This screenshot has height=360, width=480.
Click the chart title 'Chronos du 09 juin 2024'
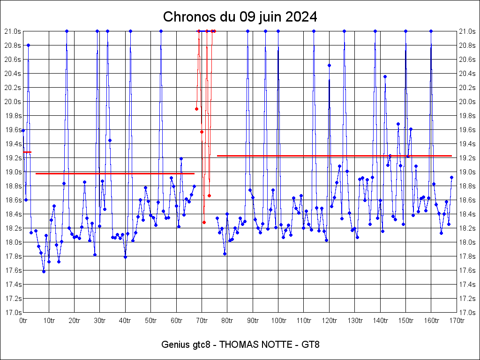pyautogui.click(x=240, y=17)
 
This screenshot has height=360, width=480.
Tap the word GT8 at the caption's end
pyautogui.click(x=310, y=345)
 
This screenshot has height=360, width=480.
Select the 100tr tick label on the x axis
pyautogui.click(x=278, y=321)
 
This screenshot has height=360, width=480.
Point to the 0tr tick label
pyautogui.click(x=23, y=321)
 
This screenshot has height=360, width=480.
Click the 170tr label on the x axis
pyautogui.click(x=457, y=321)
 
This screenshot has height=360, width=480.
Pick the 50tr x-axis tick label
pyautogui.click(x=150, y=321)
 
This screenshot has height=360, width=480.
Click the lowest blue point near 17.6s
pyautogui.click(x=44, y=271)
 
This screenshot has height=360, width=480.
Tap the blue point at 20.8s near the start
pyautogui.click(x=28, y=45)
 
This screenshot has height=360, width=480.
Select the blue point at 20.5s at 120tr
pyautogui.click(x=329, y=65)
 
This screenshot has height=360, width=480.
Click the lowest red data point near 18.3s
pyautogui.click(x=204, y=222)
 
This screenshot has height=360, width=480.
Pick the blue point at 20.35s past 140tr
pyautogui.click(x=385, y=76)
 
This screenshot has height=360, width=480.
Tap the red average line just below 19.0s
pyautogui.click(x=115, y=173)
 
